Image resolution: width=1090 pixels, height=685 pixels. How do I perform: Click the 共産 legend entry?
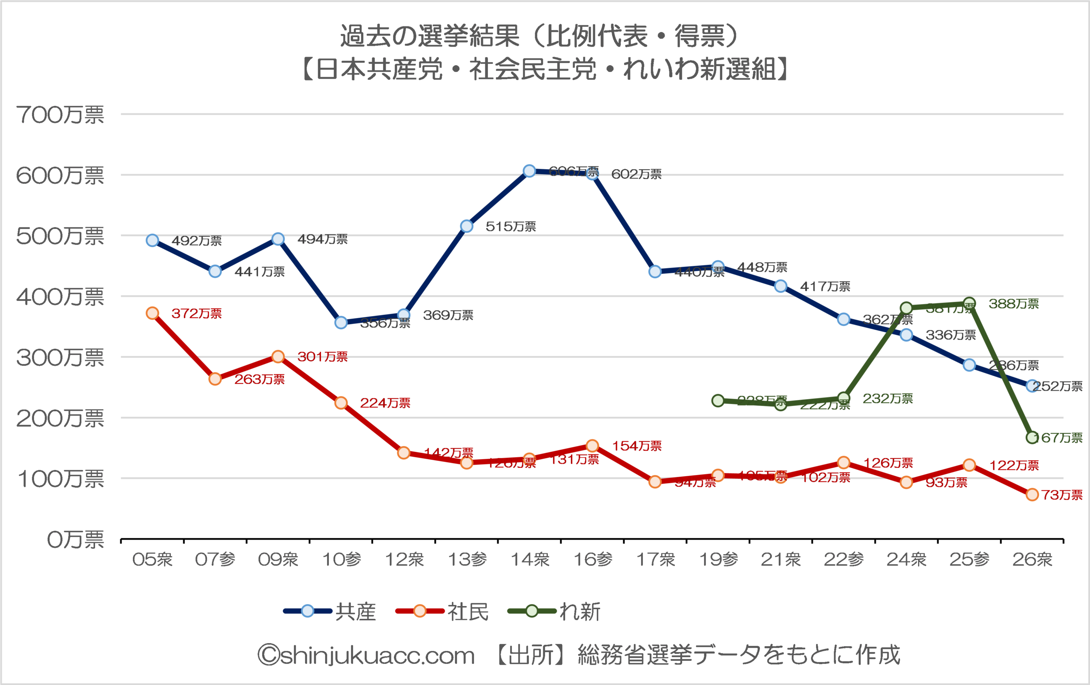[x=330, y=612]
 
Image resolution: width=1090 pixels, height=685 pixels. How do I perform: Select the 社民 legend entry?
[x=442, y=612]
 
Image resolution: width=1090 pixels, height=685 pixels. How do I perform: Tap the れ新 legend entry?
[x=554, y=612]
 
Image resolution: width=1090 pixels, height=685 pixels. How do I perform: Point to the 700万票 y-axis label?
[x=60, y=115]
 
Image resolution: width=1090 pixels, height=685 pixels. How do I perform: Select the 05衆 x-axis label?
[x=152, y=560]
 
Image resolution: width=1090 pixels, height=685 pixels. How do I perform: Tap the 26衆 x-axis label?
[x=1032, y=560]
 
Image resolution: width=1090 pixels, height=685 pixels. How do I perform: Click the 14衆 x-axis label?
[x=530, y=560]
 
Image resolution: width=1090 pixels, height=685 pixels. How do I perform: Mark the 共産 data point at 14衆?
[x=529, y=171]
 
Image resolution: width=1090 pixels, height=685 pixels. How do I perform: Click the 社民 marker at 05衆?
[x=152, y=313]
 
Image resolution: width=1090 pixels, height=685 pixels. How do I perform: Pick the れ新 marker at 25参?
[x=969, y=303]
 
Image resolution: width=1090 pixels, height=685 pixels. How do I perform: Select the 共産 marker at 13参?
[x=467, y=226]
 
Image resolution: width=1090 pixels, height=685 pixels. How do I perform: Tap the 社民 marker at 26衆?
[x=1032, y=495]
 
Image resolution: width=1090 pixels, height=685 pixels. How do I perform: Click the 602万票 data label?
[x=636, y=174]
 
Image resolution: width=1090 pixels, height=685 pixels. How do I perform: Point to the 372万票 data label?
[x=196, y=313]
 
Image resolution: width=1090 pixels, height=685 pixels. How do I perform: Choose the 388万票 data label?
[x=1013, y=304]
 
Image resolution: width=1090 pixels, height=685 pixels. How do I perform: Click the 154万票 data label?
[x=637, y=446]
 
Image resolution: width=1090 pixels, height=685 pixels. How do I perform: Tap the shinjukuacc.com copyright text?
[x=366, y=655]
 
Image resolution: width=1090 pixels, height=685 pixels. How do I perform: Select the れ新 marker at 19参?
[x=718, y=400]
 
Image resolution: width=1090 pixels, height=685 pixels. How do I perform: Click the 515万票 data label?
[x=511, y=226]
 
